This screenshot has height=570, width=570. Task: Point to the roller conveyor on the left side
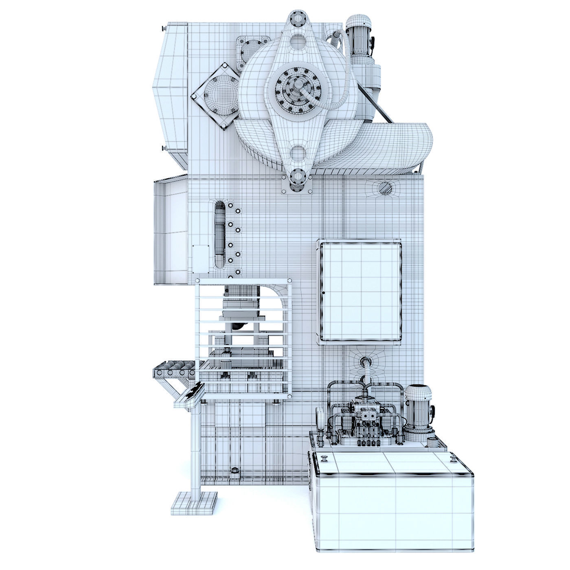[174, 370]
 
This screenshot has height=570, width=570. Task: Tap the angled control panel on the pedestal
[189, 395]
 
